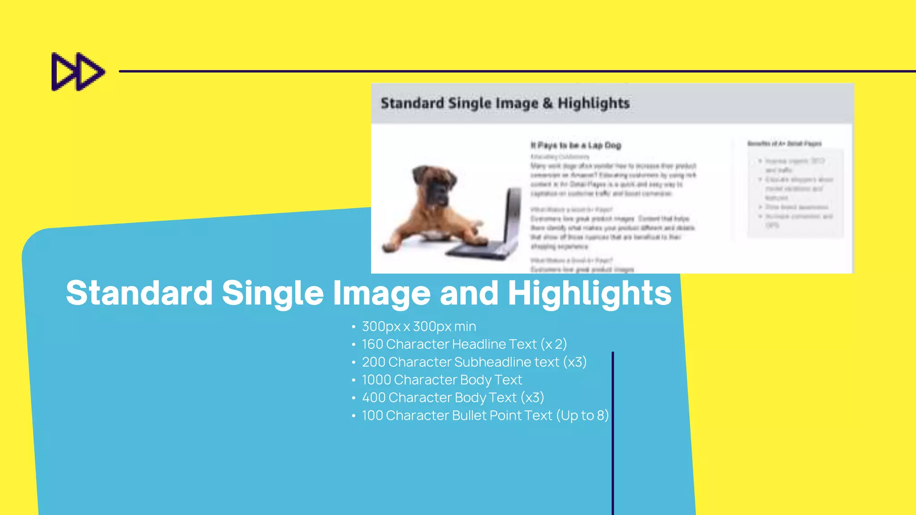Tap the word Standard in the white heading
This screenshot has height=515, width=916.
coord(139,293)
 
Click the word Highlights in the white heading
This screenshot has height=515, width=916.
coord(589,293)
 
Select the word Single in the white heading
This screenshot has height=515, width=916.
coord(272,293)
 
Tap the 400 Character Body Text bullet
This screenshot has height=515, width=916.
coord(453,398)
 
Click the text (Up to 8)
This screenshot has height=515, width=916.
coord(582,416)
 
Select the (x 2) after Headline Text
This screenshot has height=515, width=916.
coord(553,344)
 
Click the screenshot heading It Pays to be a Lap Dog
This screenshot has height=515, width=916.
coord(576,145)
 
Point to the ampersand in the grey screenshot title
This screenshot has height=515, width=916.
coord(548,103)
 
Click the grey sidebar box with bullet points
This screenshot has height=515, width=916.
coord(795,193)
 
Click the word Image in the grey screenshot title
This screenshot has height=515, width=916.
coord(517,103)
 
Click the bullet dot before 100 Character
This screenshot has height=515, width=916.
coord(353,416)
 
